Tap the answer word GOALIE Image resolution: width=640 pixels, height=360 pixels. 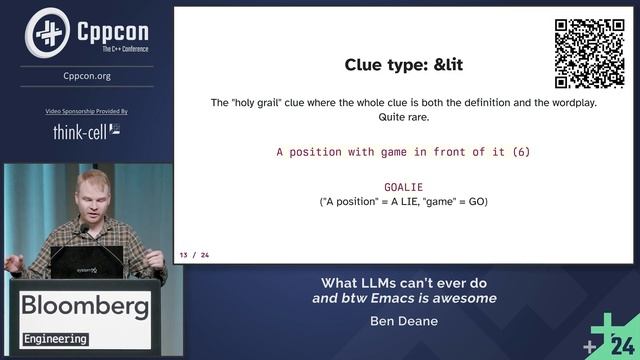pos(403,187)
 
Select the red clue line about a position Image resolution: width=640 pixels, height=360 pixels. pos(403,152)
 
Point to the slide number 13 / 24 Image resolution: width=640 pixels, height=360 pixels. pos(194,255)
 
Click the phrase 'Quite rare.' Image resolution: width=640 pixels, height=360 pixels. pos(403,117)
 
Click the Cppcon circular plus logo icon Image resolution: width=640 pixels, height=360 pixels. pos(47,32)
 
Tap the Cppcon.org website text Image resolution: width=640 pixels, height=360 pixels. pos(87,75)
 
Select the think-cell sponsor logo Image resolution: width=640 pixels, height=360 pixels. pos(87,131)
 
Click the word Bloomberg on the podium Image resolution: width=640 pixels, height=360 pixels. pos(85,305)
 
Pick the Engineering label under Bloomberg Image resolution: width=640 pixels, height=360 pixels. pos(55,339)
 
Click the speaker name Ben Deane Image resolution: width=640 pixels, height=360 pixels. pos(403,321)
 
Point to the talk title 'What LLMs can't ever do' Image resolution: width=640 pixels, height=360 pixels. pos(403,281)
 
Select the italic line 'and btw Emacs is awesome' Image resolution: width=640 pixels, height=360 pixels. pos(403,298)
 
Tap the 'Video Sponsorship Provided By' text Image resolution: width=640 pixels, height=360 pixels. pos(87,111)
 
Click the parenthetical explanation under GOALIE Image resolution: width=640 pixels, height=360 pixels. pos(403,202)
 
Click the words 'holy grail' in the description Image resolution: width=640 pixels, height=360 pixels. pos(262,103)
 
